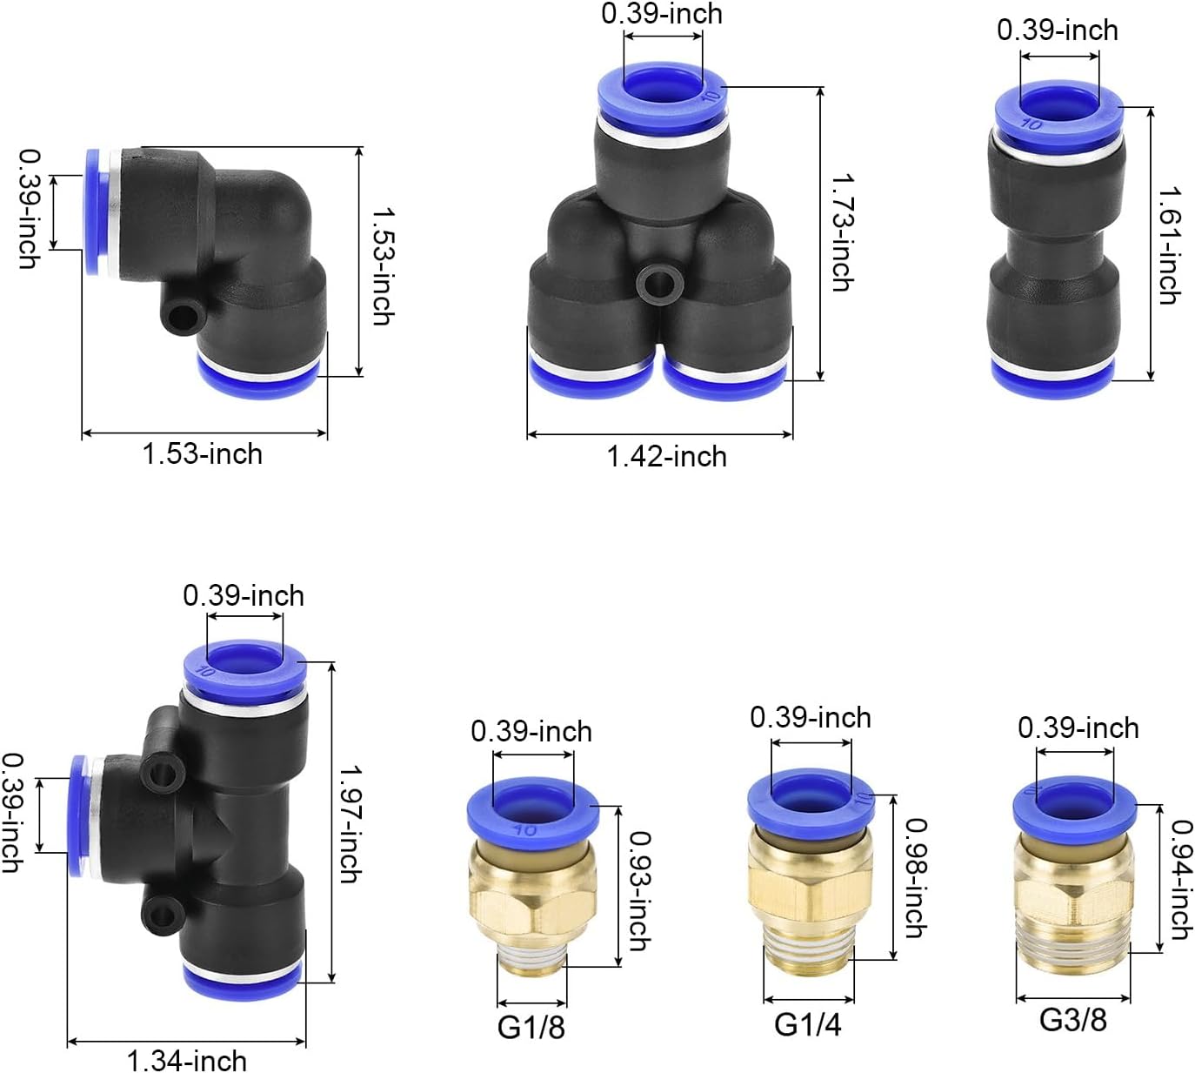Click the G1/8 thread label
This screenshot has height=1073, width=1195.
click(x=531, y=1027)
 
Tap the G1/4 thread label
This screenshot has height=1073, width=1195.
click(x=807, y=1024)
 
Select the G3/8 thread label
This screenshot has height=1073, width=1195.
click(x=1073, y=1019)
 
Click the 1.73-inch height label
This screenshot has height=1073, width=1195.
click(x=843, y=232)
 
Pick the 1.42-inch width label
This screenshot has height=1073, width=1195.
click(x=666, y=457)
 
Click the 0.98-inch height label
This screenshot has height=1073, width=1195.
click(x=916, y=878)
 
